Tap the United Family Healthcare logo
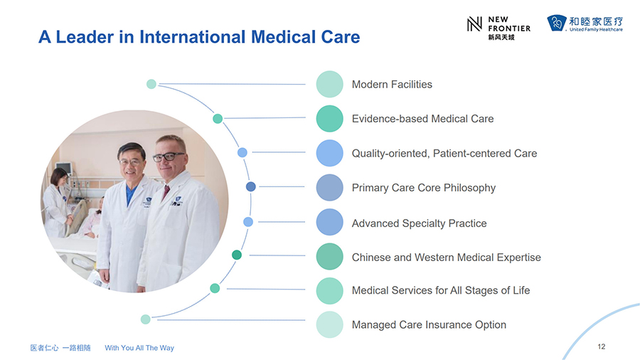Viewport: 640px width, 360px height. coord(585,23)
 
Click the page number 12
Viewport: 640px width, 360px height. coord(601,346)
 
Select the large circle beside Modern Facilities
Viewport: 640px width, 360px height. coord(329,84)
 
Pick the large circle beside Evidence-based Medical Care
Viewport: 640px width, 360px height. coord(329,119)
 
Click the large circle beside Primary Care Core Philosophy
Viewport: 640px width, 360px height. coord(329,188)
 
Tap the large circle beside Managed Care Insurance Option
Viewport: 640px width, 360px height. coord(329,324)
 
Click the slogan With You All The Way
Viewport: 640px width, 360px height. coord(139,348)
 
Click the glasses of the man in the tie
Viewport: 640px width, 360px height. coord(168,157)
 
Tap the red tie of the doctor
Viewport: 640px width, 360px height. coord(166,193)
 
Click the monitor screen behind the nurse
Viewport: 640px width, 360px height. coord(64,168)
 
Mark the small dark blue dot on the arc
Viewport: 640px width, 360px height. coord(250,186)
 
